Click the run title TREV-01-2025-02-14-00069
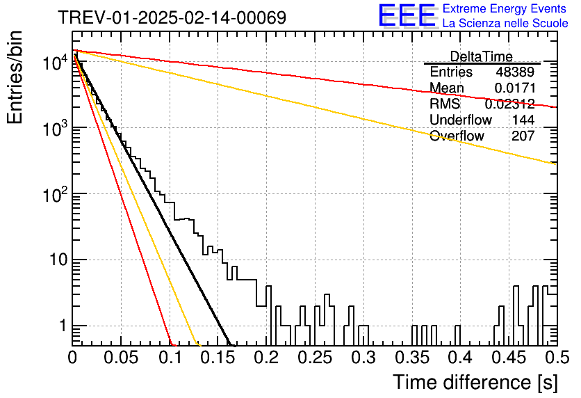click(x=172, y=17)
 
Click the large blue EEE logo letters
click(x=407, y=15)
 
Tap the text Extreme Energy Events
click(x=505, y=8)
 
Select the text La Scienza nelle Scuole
click(x=505, y=24)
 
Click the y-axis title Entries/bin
click(x=15, y=77)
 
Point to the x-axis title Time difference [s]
click(x=475, y=382)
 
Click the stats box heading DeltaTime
click(x=482, y=56)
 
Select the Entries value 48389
click(x=515, y=72)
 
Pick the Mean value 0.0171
click(x=515, y=88)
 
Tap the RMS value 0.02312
click(x=510, y=104)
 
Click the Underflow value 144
click(x=523, y=120)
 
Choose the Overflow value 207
click(x=523, y=136)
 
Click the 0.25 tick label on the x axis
click(x=315, y=358)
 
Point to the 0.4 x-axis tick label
click(x=460, y=358)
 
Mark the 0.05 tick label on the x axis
click(x=121, y=358)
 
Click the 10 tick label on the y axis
click(x=59, y=260)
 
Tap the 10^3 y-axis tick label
click(x=55, y=127)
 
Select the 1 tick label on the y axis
click(x=63, y=326)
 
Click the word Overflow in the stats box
click(x=457, y=136)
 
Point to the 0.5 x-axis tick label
click(x=557, y=358)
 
